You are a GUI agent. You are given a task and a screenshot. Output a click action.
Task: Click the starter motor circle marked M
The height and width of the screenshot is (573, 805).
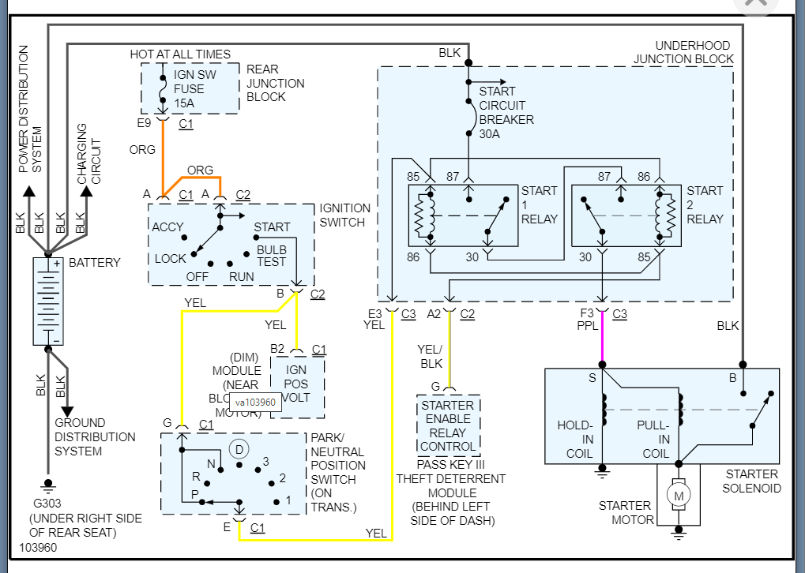pos(678,496)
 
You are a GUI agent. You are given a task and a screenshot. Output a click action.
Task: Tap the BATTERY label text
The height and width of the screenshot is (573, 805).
pos(95,263)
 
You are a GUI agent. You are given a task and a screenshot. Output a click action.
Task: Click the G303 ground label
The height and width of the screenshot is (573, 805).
pos(47,504)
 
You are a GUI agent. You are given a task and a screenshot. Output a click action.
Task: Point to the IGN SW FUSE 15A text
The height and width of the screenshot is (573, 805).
pos(189,89)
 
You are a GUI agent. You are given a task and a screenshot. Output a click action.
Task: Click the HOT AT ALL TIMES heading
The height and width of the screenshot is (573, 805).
pos(180,54)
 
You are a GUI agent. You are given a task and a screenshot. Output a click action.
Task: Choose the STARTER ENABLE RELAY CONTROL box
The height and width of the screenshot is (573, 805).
pos(448,426)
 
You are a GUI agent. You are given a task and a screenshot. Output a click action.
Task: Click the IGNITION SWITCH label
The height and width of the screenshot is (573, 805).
pos(345,215)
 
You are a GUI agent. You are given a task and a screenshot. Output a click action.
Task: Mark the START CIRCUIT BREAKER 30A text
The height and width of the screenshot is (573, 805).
pos(506,112)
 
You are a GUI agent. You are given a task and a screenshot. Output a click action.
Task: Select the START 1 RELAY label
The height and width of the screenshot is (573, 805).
pos(540,204)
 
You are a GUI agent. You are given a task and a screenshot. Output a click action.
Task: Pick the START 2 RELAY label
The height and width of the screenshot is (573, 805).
pos(705,204)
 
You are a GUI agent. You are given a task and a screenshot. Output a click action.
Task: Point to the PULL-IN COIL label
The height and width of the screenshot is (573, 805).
pos(653,440)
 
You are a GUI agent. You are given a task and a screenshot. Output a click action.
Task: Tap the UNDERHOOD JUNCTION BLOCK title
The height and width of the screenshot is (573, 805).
pos(683,52)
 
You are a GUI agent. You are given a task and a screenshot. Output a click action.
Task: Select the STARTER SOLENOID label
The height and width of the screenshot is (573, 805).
pos(752,481)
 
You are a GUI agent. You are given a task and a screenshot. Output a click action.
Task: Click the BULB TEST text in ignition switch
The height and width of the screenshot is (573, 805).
pos(271,255)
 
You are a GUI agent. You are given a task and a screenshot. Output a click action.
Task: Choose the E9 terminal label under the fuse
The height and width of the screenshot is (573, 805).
pos(144,123)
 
